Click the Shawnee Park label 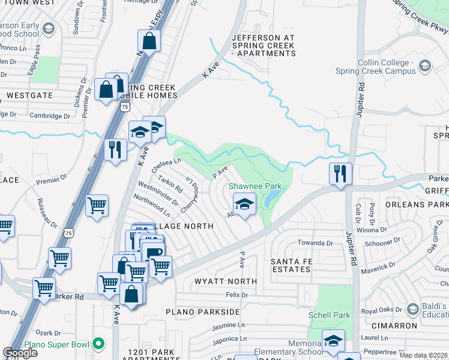click(x=255, y=187)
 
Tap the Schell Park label click(x=329, y=315)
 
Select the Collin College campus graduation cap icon click(x=425, y=65)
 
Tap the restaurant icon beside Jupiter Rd click(x=340, y=174)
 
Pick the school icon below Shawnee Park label click(x=244, y=205)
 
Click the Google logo click(x=20, y=353)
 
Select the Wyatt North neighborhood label click(x=226, y=281)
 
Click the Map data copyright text click(x=424, y=355)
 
